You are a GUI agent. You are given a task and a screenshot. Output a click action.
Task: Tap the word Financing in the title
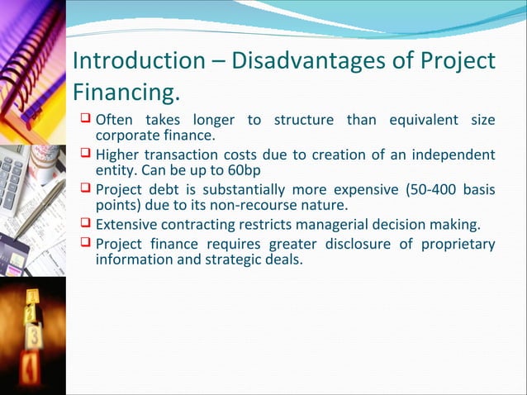pos(124,89)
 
